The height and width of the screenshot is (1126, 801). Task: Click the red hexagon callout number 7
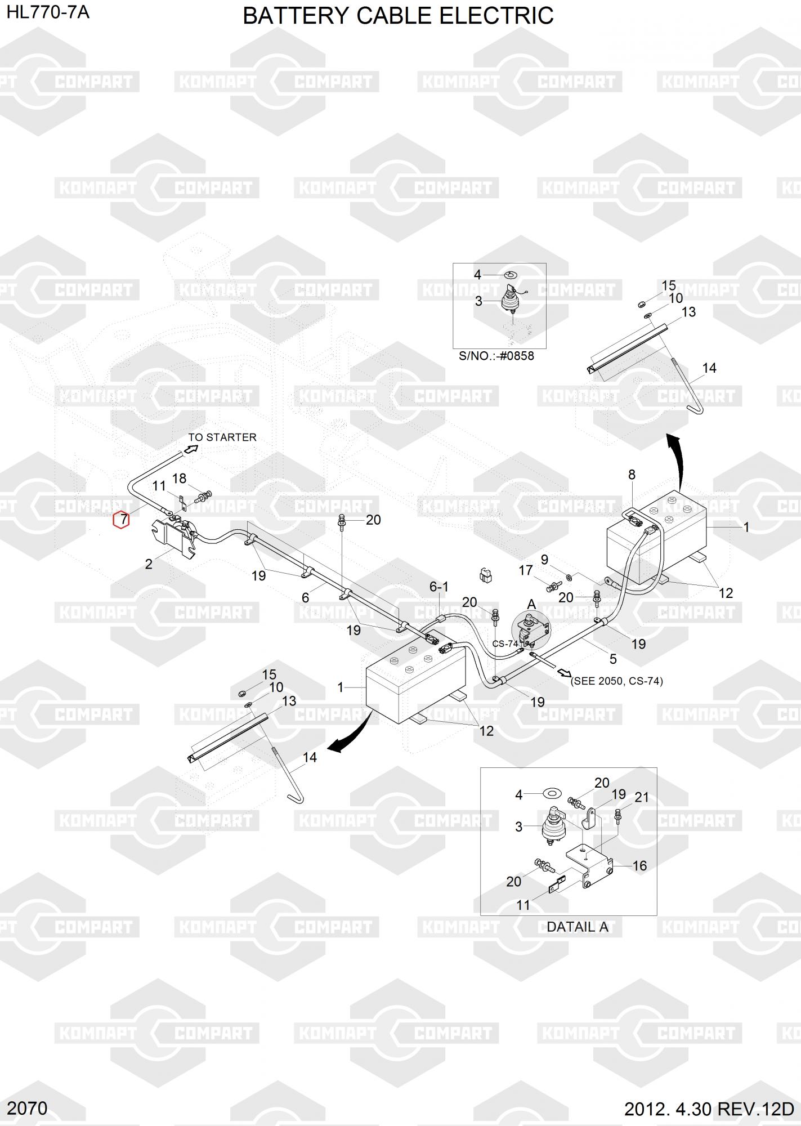pyautogui.click(x=122, y=520)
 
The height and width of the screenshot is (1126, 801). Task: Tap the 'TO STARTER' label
pyautogui.click(x=222, y=437)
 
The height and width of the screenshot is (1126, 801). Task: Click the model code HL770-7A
pyautogui.click(x=48, y=12)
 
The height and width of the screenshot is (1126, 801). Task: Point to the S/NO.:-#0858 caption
pyautogui.click(x=496, y=356)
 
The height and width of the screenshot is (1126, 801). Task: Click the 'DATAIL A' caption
pyautogui.click(x=577, y=927)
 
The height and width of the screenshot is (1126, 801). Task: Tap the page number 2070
pyautogui.click(x=28, y=1109)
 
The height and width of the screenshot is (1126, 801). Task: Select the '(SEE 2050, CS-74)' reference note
pyautogui.click(x=617, y=681)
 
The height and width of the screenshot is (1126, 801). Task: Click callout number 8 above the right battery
pyautogui.click(x=632, y=475)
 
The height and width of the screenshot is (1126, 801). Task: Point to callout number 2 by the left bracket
pyautogui.click(x=149, y=564)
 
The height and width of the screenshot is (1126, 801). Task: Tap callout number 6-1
pyautogui.click(x=439, y=587)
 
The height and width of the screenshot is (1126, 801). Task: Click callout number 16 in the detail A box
pyautogui.click(x=639, y=865)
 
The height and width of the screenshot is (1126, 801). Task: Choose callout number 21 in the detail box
pyautogui.click(x=642, y=797)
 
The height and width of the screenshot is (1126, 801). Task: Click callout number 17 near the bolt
pyautogui.click(x=525, y=570)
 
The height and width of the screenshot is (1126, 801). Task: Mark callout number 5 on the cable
pyautogui.click(x=613, y=658)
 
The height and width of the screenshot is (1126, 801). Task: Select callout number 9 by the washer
pyautogui.click(x=544, y=560)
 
